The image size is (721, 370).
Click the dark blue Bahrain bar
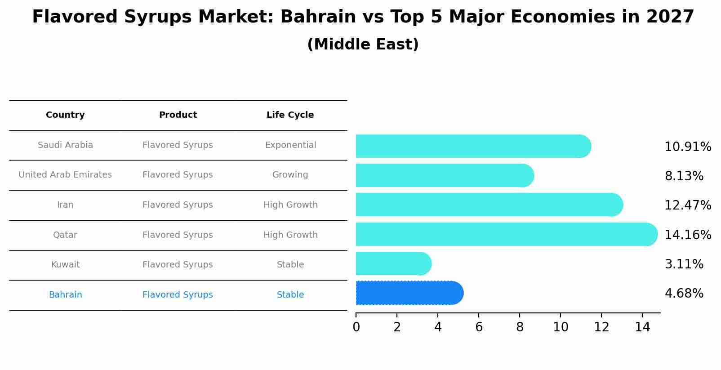409,293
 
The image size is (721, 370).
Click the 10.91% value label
688,147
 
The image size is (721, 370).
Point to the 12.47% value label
688,205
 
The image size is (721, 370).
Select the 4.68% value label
684,294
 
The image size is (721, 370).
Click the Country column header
65,115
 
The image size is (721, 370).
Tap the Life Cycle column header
290,115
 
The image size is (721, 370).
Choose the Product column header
178,115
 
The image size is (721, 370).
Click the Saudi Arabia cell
65,145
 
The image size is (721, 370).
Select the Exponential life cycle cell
290,145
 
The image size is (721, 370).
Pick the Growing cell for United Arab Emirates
290,175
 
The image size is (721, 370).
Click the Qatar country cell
65,235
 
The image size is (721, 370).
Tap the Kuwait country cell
65,265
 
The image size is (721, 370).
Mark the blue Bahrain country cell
65,295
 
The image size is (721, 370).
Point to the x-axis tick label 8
520,327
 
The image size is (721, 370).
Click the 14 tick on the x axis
642,327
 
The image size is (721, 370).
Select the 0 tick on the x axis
356,327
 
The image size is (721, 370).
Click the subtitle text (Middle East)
363,45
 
